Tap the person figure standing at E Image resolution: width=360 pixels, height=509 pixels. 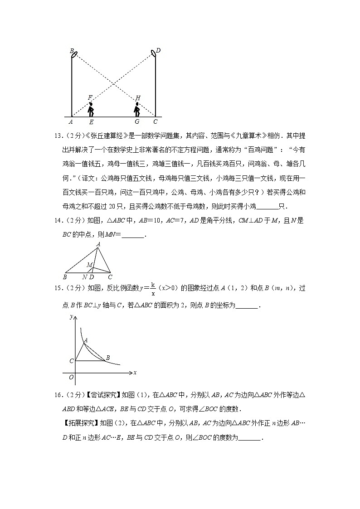[x=91, y=109]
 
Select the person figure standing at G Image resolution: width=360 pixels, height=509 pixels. [x=137, y=109]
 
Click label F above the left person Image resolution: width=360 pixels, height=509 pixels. [x=90, y=97]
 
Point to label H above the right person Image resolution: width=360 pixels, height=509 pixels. [x=138, y=97]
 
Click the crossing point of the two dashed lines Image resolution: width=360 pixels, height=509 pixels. [x=114, y=84]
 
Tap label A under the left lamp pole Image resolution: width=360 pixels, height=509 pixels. [x=70, y=121]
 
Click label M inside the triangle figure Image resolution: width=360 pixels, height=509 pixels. [x=90, y=265]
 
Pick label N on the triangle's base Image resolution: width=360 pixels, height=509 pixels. [x=85, y=276]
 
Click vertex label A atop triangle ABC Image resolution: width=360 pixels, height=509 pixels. [x=98, y=244]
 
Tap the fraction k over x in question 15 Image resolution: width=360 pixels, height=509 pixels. [x=153, y=288]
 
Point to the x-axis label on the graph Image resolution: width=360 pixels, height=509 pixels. [x=135, y=373]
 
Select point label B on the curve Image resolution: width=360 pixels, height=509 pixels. [x=107, y=358]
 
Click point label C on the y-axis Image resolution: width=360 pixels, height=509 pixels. [x=71, y=361]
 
